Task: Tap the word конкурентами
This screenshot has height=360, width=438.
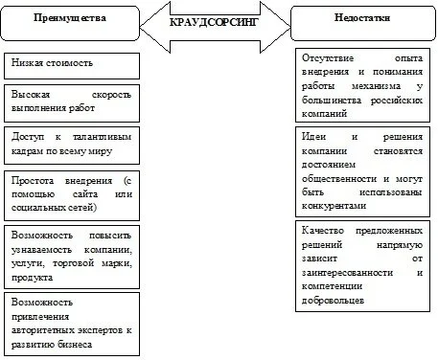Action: [333, 204]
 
